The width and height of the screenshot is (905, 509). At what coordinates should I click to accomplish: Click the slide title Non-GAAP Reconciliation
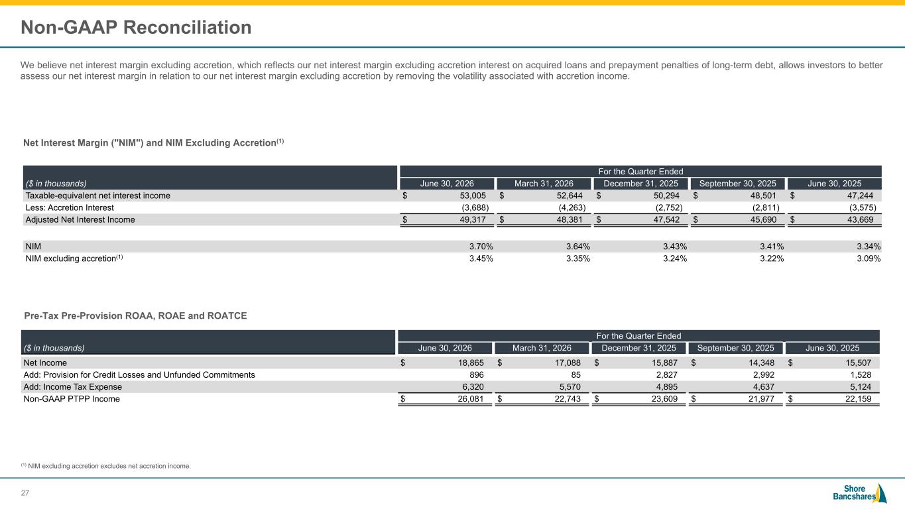coord(136,27)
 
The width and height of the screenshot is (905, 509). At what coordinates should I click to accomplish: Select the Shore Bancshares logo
coord(860,493)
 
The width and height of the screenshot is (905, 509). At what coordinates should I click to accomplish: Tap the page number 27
coord(25,493)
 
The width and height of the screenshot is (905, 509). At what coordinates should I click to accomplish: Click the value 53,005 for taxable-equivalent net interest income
coord(473,196)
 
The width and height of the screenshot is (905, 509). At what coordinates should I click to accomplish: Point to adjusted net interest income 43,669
coord(860,219)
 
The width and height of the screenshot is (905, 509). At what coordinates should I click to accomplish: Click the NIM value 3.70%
coord(481,247)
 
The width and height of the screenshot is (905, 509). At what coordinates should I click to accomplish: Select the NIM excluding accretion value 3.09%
coord(869,258)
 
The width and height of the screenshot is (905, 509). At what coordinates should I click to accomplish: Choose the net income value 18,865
coord(471,363)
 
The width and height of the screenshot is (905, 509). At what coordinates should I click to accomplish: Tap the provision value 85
coord(575,375)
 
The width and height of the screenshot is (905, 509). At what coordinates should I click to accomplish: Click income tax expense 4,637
coord(764,386)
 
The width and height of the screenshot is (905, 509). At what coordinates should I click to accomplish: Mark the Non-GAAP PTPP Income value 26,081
coord(471,399)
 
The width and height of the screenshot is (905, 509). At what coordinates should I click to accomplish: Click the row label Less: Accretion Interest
coord(70,207)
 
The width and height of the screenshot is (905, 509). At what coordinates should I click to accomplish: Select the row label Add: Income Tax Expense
coord(73,386)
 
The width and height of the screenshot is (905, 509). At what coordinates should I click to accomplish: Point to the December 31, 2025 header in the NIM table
coord(640,184)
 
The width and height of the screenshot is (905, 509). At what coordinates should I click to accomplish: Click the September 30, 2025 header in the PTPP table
coord(736,348)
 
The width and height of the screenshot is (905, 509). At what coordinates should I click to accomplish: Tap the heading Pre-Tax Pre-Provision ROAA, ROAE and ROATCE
coord(135,316)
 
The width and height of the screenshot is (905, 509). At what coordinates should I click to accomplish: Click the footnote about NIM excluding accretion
coord(106,466)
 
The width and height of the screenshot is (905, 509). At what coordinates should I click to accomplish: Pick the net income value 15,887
coord(664,363)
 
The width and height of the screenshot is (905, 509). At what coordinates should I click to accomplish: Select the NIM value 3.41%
coord(772,247)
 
